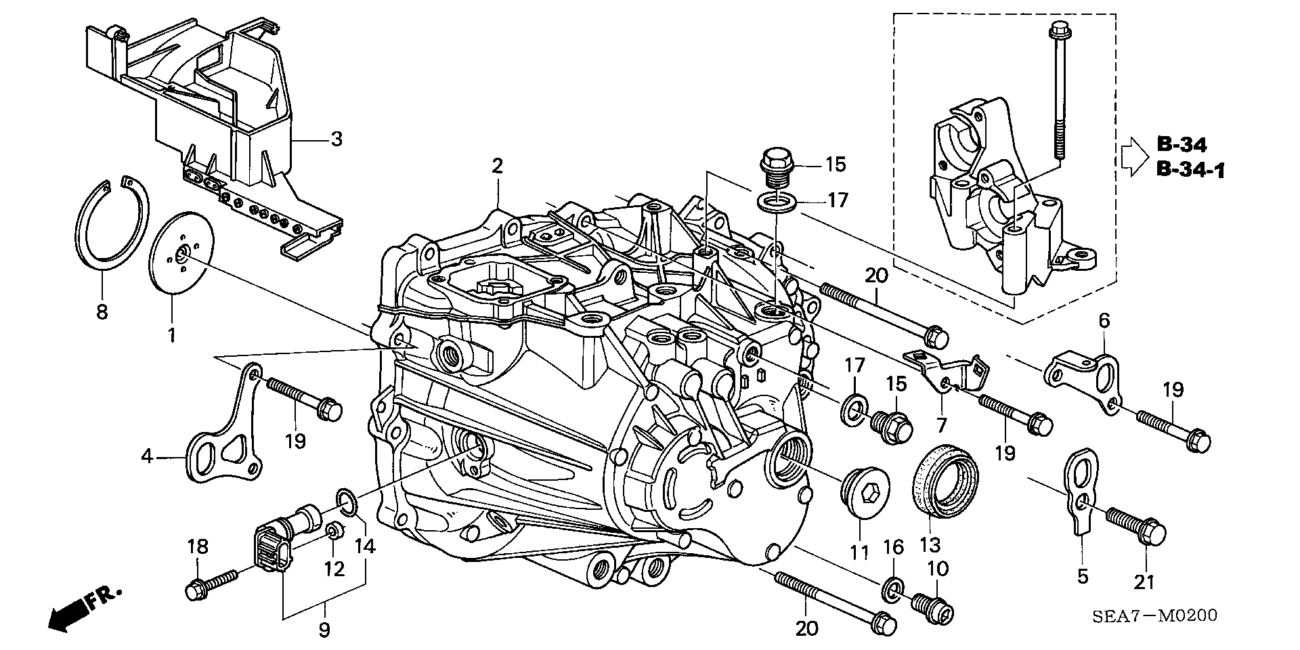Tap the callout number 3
[336, 140]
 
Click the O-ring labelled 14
[347, 504]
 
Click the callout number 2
[498, 165]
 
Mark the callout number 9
[324, 630]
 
